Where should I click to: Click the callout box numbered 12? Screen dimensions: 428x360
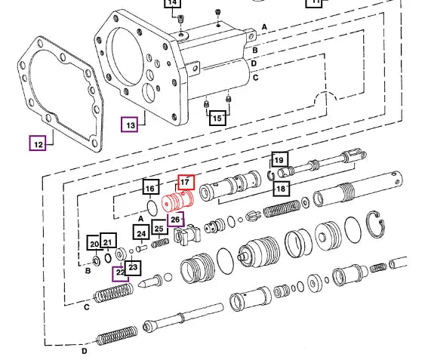(x=38, y=143)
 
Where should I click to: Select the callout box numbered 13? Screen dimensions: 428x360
(x=130, y=125)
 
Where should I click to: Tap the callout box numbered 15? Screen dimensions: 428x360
(x=217, y=118)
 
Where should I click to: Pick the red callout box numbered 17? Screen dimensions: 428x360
(x=186, y=182)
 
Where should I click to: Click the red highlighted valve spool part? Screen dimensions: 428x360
(x=178, y=202)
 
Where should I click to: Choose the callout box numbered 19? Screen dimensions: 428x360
(x=280, y=159)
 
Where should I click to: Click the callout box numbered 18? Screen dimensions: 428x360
(x=282, y=189)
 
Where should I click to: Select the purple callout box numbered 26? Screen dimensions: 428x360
(x=176, y=219)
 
